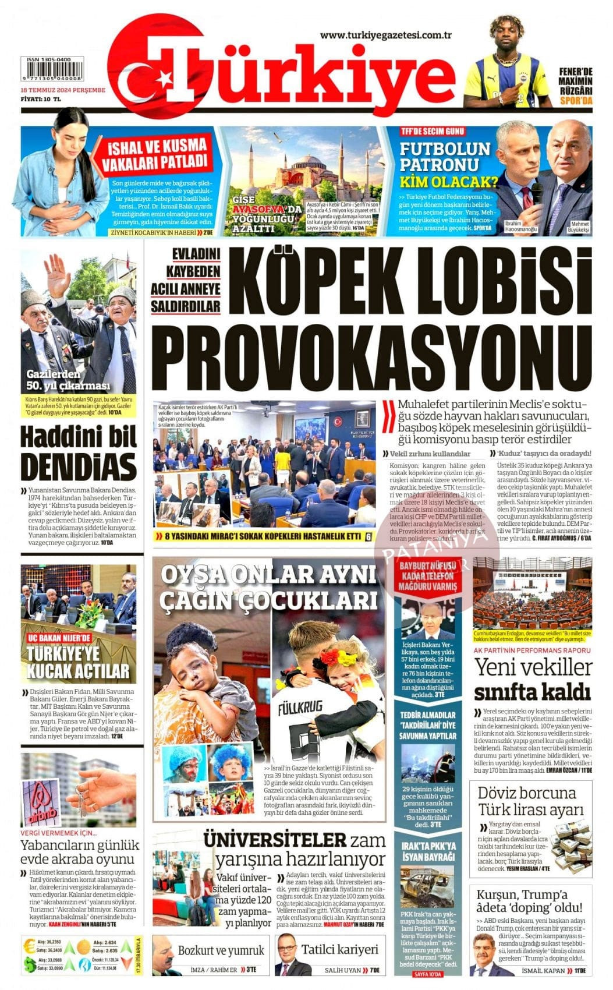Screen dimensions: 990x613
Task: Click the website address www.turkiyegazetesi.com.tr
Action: coord(386,35)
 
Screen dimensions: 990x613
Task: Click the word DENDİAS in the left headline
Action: coord(79,468)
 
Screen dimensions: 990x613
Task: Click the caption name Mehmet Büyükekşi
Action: coord(579,227)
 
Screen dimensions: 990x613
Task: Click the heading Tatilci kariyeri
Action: coord(339,949)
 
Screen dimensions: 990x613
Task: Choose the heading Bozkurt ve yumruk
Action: coord(221,950)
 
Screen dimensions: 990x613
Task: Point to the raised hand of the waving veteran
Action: coord(57,273)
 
